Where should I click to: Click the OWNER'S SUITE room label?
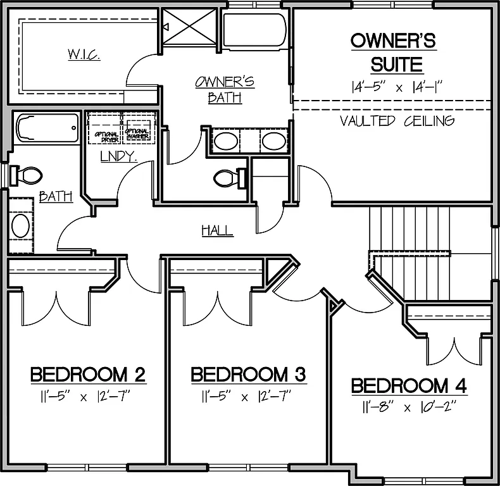tap(393, 53)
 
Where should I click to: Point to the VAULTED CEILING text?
tap(397, 121)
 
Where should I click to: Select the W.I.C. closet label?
tap(84, 54)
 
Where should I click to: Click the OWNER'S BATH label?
tap(225, 89)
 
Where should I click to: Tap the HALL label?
tap(217, 230)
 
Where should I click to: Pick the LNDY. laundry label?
tap(118, 156)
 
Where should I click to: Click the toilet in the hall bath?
tap(27, 175)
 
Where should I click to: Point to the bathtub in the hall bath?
tap(46, 129)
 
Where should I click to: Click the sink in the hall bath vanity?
tap(21, 225)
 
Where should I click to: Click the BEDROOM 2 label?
tap(89, 375)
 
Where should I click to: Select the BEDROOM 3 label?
tap(249, 375)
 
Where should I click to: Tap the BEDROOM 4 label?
tap(409, 385)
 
